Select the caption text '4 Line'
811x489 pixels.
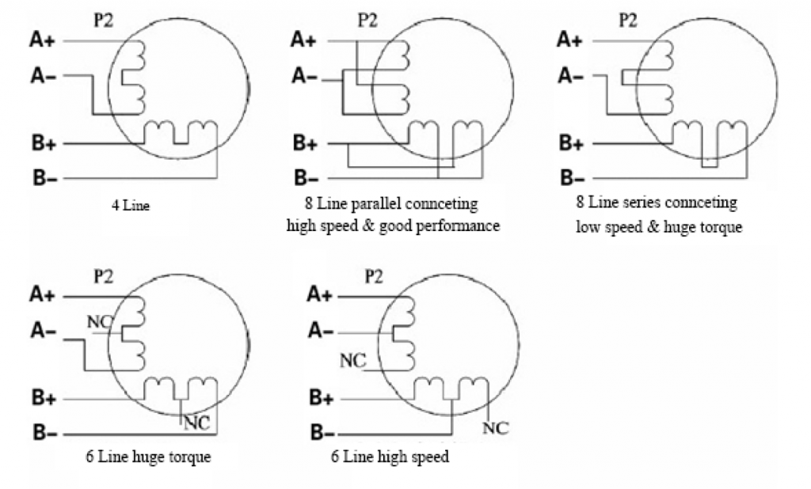coord(131,207)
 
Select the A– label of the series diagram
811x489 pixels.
coord(571,75)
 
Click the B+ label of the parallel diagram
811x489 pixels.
coord(305,143)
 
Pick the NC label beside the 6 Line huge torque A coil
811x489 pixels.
coord(102,322)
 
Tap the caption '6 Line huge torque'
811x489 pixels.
coord(148,457)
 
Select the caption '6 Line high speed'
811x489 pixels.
coord(390,457)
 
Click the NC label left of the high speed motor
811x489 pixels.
coord(352,361)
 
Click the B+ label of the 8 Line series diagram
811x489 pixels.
coord(571,143)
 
